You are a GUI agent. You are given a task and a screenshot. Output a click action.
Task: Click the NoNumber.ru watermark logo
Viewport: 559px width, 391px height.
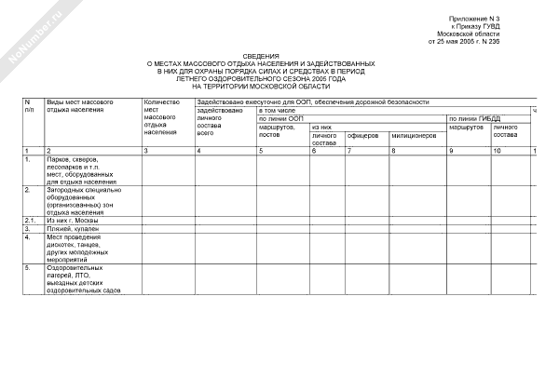click(33, 33)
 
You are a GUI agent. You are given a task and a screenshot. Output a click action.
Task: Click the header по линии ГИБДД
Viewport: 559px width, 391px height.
click(475, 118)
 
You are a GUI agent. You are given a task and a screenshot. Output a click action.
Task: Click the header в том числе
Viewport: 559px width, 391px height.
click(277, 110)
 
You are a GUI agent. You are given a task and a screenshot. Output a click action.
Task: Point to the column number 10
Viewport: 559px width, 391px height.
click(498, 150)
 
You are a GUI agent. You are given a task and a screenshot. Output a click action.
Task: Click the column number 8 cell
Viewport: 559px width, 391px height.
click(394, 150)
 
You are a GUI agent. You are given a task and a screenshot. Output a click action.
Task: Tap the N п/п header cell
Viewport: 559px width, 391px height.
click(30, 104)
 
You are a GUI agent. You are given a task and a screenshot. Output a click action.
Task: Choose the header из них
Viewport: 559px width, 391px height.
click(322, 127)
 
